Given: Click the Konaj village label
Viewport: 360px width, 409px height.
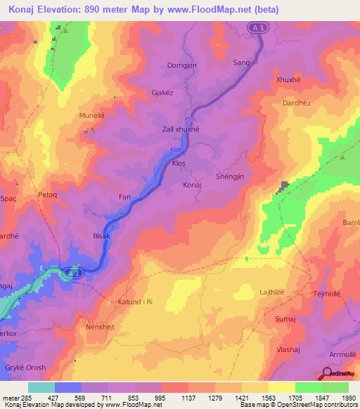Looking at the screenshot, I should [192, 185].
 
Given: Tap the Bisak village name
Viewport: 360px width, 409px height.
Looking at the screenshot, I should [102, 236].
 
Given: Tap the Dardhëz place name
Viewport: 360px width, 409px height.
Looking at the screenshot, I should [296, 103].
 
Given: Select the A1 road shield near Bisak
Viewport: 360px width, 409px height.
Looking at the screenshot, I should [74, 271].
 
